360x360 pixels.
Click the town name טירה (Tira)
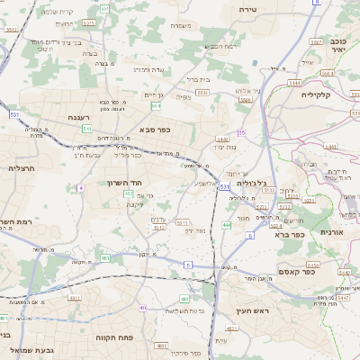point(249,8)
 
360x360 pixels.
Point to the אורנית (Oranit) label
point(343,231)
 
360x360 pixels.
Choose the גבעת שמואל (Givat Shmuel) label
point(32,349)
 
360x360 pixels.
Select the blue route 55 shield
point(242,133)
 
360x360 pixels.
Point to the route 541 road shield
point(87,129)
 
